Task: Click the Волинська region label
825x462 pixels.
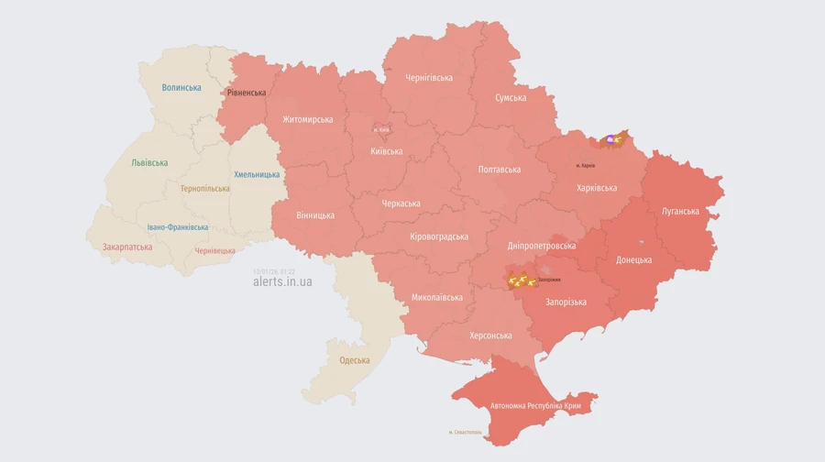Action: click(181, 88)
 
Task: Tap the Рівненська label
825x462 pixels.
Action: click(246, 93)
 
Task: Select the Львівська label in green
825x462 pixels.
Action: click(149, 163)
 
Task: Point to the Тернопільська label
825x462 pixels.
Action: click(205, 189)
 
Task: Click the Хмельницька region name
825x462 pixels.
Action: click(257, 174)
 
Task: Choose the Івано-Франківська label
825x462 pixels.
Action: click(178, 227)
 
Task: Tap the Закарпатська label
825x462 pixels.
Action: click(127, 247)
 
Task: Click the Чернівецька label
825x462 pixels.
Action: click(215, 250)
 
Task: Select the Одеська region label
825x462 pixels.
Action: click(355, 360)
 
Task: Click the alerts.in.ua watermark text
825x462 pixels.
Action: click(282, 282)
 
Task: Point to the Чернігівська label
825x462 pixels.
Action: click(429, 78)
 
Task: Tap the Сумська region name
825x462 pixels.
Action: click(511, 97)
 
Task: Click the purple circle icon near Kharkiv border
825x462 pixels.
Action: click(610, 139)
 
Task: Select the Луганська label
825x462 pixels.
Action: click(680, 211)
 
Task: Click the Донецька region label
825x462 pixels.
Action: click(633, 259)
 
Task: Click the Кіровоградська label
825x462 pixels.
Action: click(439, 236)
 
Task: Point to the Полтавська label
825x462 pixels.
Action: click(500, 170)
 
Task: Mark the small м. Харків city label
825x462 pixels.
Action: click(586, 166)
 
